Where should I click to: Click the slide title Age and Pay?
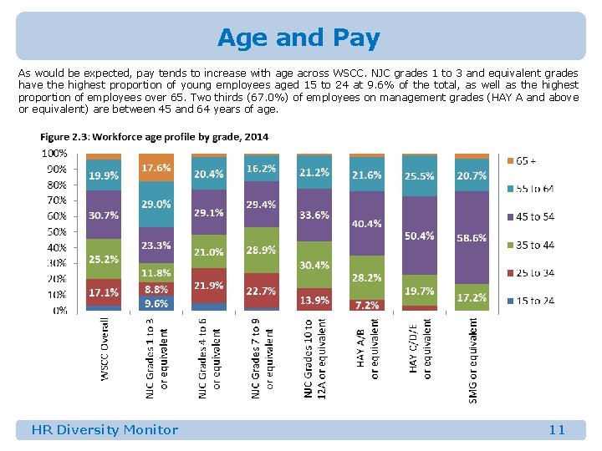(x=298, y=38)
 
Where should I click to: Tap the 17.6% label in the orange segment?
(x=156, y=168)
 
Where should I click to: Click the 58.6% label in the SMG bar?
(x=472, y=238)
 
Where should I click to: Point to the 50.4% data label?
(x=419, y=236)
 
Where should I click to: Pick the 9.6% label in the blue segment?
(x=156, y=305)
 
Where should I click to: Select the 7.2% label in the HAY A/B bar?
(x=366, y=305)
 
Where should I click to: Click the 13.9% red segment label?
(x=314, y=300)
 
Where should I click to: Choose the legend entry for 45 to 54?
(x=534, y=217)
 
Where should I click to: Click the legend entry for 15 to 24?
(x=534, y=301)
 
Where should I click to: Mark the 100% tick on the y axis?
(x=54, y=154)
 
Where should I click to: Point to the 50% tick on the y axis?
(x=56, y=232)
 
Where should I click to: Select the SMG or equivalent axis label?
(x=473, y=360)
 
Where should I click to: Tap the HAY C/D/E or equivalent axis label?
(x=420, y=351)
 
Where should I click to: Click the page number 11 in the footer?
(x=557, y=430)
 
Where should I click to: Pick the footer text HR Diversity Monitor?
(x=105, y=430)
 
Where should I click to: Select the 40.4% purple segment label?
(x=366, y=224)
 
